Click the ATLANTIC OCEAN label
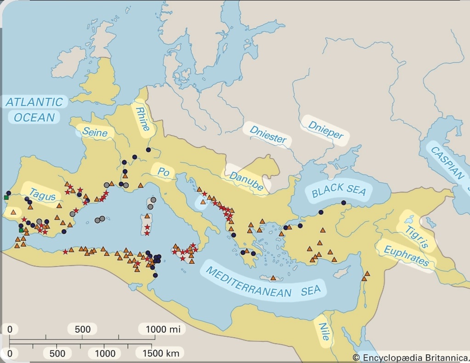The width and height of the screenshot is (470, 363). tap(34, 109)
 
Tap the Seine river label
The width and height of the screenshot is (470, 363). tap(95, 133)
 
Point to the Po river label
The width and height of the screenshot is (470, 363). tap(163, 172)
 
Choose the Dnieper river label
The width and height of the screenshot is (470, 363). tap(325, 130)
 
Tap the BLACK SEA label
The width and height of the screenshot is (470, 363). tap(339, 190)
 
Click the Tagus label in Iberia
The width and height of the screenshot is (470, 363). tap(42, 195)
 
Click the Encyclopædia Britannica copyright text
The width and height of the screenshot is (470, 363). tap(411, 357)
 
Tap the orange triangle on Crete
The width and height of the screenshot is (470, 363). tap(273, 278)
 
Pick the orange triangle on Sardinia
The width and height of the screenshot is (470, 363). tap(147, 216)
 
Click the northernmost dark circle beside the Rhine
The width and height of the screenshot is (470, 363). tap(148, 150)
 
